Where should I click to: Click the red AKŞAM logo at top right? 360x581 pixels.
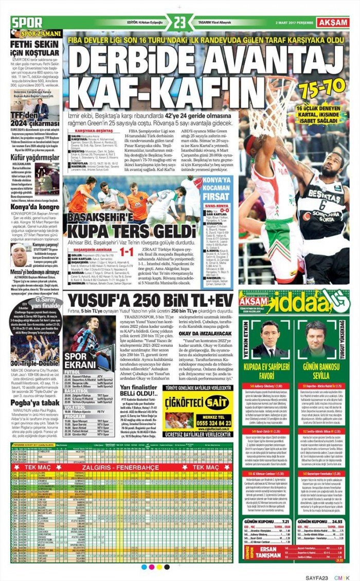(333, 22)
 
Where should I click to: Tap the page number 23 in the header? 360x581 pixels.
(179, 23)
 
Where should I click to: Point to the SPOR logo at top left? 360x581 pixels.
(27, 23)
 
